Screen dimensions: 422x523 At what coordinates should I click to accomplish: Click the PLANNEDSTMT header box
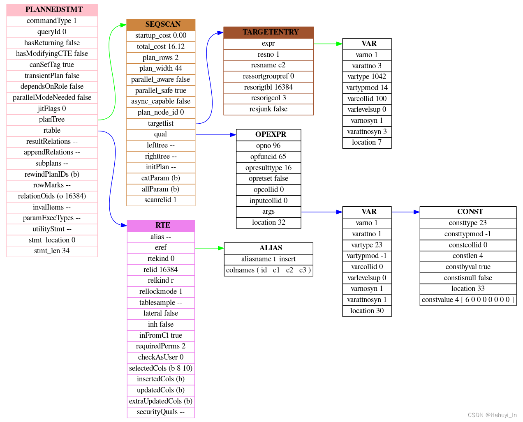coord(52,10)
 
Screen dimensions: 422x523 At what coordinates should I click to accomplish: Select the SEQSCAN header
coord(161,25)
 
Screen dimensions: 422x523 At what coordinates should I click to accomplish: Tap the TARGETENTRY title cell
coord(268,32)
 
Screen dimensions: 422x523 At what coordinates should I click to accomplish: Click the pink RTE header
coord(161,226)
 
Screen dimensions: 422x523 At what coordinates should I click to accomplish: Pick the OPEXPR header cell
coord(268,135)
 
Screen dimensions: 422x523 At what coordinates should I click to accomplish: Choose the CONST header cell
coord(468,212)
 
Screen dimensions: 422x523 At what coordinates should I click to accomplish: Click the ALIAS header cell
coord(268,248)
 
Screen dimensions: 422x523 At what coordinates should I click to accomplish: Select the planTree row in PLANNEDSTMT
coord(52,120)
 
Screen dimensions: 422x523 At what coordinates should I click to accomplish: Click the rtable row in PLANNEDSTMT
coord(52,131)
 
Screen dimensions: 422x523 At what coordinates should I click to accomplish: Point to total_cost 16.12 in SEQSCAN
coord(161,47)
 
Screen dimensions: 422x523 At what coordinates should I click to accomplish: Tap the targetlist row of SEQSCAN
coord(161,124)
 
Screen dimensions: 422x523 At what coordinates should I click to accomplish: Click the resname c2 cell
coord(268,65)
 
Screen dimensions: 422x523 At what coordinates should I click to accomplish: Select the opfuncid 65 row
coord(268,157)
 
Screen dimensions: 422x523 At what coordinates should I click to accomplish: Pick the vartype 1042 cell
coord(367,77)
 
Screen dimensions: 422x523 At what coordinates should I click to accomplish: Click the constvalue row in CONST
coord(468,300)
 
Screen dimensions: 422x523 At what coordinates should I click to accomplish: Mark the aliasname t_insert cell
coord(268,259)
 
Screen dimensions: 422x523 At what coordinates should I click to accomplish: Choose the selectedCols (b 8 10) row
coord(161,369)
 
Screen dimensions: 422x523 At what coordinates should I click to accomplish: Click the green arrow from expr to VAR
coord(328,44)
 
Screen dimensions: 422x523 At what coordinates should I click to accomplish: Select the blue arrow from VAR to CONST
coord(405,212)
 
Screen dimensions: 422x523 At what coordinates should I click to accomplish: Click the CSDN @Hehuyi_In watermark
coord(492,415)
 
